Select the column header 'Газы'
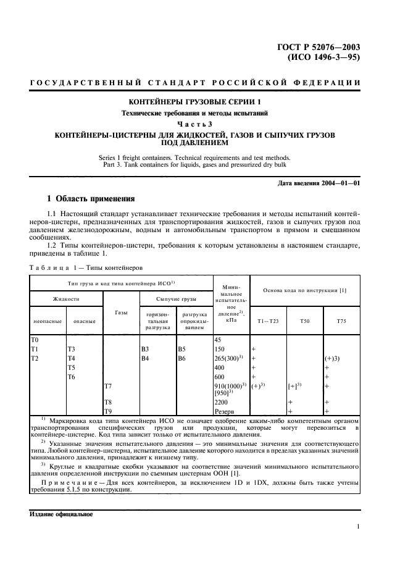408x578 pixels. coord(121,312)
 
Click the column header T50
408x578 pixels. coord(305,321)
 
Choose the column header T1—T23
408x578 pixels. coord(269,321)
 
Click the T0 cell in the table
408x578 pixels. coord(35,340)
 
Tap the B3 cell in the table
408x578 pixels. coord(146,349)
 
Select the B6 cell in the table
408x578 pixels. coord(181,358)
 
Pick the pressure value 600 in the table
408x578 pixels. coord(219,376)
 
